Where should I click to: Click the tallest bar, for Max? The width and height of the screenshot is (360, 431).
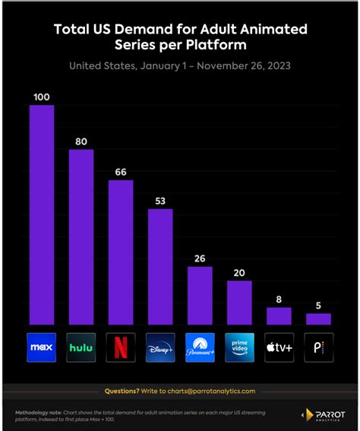[42, 214]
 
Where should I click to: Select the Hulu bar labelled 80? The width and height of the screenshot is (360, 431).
[81, 236]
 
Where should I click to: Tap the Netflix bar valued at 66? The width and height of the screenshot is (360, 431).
[121, 252]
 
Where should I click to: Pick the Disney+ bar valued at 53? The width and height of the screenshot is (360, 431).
[160, 266]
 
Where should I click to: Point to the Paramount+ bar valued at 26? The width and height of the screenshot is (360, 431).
[200, 295]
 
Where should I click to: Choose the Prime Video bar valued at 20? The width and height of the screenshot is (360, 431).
[239, 302]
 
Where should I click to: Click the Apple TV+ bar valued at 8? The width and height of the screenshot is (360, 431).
[279, 315]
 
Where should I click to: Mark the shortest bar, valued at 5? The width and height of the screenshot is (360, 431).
[318, 318]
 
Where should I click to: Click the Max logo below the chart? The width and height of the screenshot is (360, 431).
[42, 347]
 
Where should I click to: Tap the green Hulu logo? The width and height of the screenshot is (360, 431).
[81, 347]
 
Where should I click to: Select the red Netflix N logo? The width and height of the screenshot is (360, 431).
[121, 347]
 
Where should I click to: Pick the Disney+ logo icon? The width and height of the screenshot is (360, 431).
[160, 347]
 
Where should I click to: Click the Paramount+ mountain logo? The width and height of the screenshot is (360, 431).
[200, 347]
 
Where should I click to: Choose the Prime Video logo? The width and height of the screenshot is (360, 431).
[239, 347]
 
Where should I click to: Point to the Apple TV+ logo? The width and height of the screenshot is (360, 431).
[279, 347]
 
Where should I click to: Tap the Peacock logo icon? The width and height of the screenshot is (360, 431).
[318, 347]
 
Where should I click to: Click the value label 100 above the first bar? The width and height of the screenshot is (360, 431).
[42, 97]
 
